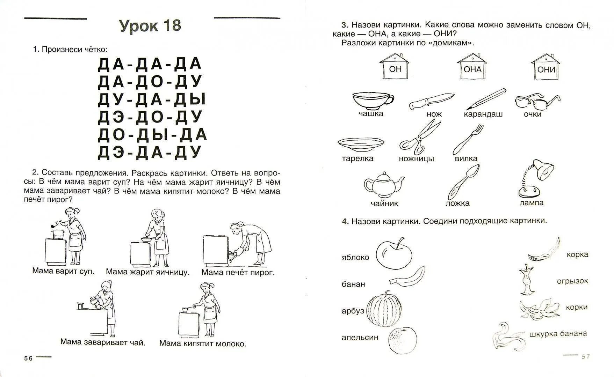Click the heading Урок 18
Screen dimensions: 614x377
coord(150,26)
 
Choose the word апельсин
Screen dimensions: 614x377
coord(360,338)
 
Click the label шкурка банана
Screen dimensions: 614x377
coord(558,333)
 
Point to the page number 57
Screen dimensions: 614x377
coord(585,356)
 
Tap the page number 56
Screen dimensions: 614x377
coord(28,358)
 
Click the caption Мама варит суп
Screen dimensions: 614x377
coord(63,271)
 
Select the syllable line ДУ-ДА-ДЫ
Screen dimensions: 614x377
coord(151,99)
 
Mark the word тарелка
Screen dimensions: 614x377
coord(357,158)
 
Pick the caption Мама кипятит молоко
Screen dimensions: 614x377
coord(203,343)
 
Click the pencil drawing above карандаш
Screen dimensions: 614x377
coord(486,99)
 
